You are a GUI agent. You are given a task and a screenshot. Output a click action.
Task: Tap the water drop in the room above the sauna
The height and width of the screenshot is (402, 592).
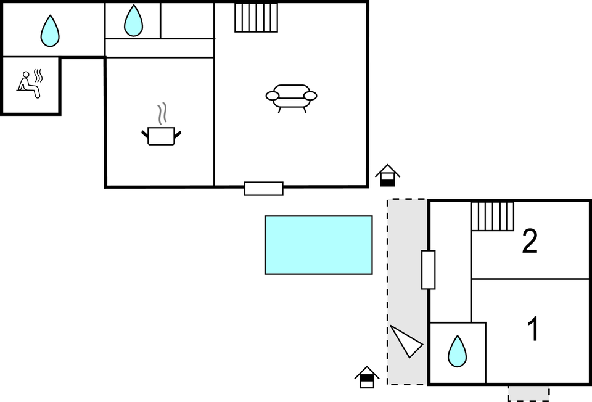click(50, 31)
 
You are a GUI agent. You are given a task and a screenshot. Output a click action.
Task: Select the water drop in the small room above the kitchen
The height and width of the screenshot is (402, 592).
click(133, 21)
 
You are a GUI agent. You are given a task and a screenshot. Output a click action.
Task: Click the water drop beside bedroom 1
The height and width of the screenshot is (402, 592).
click(457, 351)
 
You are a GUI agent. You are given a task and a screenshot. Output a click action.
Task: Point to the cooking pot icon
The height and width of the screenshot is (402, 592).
click(161, 136)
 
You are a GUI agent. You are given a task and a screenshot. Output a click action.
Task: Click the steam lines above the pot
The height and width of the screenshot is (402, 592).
click(162, 113)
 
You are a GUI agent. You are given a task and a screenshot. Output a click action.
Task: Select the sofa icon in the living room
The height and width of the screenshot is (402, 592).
click(291, 97)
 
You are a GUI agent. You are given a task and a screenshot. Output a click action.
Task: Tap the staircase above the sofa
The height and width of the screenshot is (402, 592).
click(256, 17)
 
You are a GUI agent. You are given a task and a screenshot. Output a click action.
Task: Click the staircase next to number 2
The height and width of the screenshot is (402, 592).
click(493, 216)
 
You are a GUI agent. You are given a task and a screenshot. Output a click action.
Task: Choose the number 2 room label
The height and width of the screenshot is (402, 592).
click(530, 241)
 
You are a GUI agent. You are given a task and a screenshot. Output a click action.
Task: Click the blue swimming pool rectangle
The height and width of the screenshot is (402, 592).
click(318, 245)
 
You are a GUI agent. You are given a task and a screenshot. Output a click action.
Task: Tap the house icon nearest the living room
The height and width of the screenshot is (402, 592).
click(387, 175)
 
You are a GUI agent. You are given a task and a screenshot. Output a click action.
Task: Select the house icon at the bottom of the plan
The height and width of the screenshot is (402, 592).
click(367, 377)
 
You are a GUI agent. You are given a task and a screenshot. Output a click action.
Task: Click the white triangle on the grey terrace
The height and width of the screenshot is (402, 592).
click(405, 341)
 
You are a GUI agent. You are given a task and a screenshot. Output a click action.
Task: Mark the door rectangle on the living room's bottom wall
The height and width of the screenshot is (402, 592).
click(263, 189)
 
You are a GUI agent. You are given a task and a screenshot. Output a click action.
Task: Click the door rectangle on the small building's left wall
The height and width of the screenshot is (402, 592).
click(428, 269)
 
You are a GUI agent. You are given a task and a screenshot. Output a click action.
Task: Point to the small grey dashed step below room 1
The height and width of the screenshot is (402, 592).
click(528, 393)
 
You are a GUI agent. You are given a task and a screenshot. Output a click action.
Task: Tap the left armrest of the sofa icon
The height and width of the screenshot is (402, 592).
click(273, 96)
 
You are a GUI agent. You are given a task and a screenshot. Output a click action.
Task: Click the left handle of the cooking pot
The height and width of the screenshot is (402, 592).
click(145, 133)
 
